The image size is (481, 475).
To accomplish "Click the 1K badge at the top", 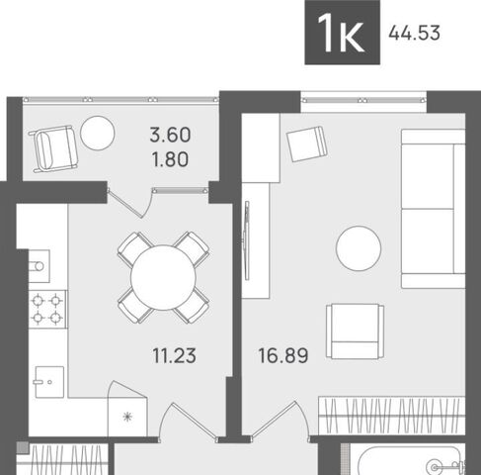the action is tap(343, 32).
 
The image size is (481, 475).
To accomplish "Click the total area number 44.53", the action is tap(414, 34).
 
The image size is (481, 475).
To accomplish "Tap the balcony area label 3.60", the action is tap(170, 135).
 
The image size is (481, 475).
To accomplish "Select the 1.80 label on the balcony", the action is tap(170, 159).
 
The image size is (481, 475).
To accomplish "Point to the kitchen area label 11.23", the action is tap(175, 355).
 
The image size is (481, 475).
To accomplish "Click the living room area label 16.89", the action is tap(283, 355).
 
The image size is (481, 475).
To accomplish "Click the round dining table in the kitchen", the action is tap(163, 278).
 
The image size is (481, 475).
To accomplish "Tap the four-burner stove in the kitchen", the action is tap(47, 309).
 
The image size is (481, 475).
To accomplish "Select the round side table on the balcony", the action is tap(98, 134).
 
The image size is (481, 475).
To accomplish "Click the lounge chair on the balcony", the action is tap(54, 148).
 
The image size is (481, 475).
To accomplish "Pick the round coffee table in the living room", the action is tap(359, 248).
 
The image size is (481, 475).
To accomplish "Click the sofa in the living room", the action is tap(433, 209).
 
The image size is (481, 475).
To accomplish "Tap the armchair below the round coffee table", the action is tap(355, 332).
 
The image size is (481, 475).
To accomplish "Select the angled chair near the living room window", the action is tap(306, 143).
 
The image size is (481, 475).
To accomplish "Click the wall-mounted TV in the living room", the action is tap(246, 240).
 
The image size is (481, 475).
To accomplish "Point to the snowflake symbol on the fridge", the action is tap(127, 417).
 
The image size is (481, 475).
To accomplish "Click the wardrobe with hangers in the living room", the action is tap(392, 416).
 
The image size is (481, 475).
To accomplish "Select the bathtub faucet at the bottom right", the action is tap(447, 467).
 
